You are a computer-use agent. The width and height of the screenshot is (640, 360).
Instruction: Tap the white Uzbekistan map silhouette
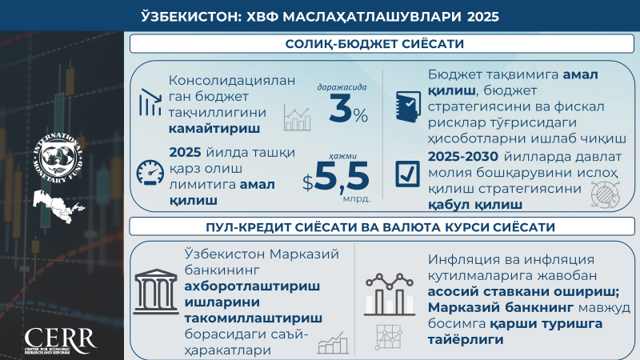[58, 206]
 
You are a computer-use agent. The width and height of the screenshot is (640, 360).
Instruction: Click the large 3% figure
[348, 110]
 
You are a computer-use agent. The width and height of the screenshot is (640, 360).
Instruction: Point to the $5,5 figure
[335, 176]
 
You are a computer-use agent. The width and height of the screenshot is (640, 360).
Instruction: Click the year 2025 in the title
[483, 16]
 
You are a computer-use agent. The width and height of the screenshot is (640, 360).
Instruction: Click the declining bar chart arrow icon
[150, 102]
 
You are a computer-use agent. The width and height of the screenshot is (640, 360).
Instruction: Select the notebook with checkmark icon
[408, 106]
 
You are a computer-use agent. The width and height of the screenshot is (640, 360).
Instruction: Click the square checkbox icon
[407, 174]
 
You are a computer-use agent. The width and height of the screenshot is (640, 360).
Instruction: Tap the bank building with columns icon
[156, 291]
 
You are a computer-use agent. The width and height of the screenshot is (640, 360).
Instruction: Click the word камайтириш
[214, 129]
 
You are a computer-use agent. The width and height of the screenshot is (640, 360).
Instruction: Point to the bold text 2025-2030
[463, 156]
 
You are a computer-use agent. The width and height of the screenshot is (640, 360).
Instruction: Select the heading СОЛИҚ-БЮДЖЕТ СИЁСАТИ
[374, 44]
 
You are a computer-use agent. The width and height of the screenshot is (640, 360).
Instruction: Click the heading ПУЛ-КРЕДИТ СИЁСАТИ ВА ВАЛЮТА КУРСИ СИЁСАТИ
[381, 227]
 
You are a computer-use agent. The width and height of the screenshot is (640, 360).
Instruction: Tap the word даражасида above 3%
[342, 87]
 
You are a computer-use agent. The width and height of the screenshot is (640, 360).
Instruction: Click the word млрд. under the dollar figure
[356, 199]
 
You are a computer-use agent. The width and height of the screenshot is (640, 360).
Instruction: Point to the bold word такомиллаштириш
[253, 318]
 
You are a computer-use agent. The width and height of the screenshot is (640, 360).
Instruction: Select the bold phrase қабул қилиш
[475, 205]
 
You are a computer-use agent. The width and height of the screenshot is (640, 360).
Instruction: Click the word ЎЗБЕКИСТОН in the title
[188, 16]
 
